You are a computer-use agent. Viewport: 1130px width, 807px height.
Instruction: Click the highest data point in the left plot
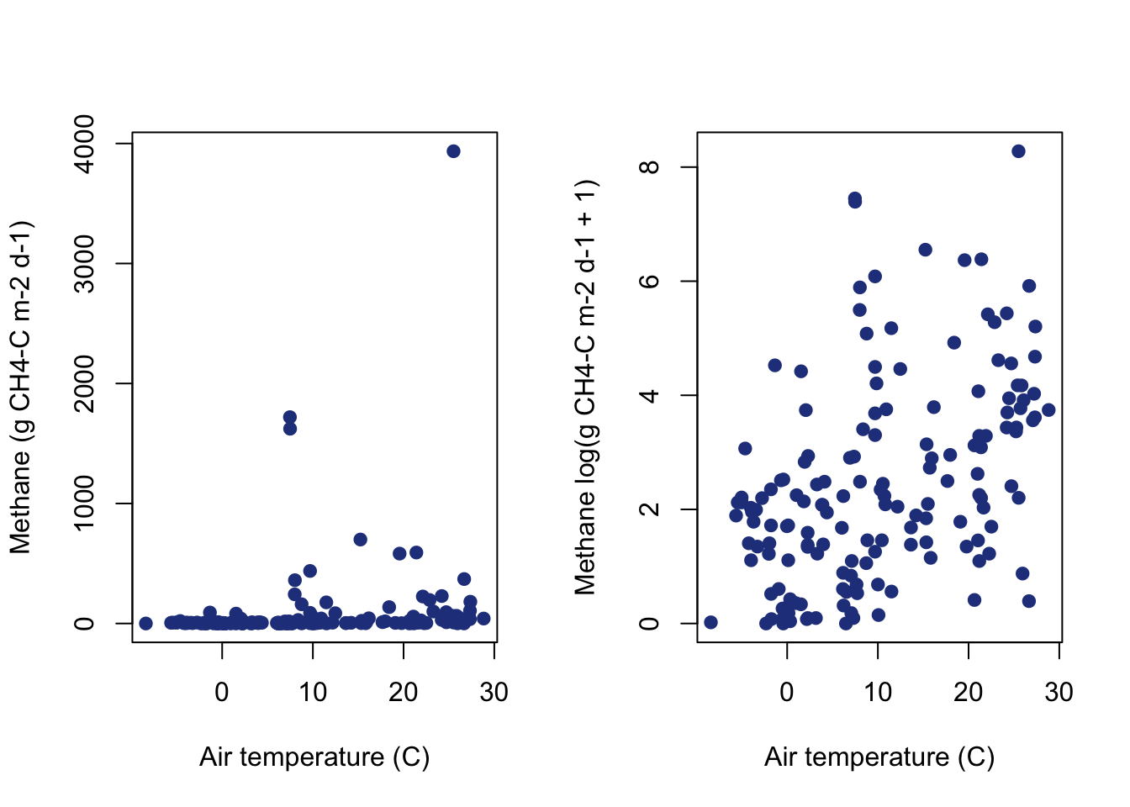coord(453,151)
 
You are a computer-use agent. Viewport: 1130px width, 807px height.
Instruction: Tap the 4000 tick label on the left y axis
coord(85,144)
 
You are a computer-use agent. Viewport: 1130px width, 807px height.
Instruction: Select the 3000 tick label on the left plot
coord(85,264)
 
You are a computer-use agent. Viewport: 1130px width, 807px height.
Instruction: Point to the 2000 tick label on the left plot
coord(85,384)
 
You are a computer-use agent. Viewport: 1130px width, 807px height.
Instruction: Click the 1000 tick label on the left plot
coord(85,504)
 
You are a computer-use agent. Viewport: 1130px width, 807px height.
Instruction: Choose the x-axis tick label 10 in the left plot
coord(313,692)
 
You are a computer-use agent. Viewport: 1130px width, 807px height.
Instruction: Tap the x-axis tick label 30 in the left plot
coord(494,692)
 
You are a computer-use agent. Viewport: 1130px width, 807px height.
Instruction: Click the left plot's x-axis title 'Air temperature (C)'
coord(314,757)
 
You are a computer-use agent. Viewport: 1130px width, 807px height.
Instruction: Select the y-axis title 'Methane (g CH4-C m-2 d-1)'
coord(20,388)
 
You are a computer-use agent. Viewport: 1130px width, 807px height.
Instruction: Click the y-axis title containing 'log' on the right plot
coord(585,388)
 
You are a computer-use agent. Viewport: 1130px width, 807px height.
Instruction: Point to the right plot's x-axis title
coord(879,757)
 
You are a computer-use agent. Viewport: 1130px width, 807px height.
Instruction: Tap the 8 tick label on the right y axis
coord(650,166)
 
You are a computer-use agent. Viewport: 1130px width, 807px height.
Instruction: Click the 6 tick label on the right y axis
coord(650,281)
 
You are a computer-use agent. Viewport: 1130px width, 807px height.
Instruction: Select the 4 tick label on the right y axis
coord(650,395)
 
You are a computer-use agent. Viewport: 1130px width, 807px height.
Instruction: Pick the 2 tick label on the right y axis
coord(650,509)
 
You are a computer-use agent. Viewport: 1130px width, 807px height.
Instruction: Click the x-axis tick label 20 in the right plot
coord(969,692)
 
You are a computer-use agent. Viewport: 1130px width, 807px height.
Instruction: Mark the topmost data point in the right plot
coord(1018,151)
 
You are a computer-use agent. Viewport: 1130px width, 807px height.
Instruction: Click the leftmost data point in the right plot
coord(710,622)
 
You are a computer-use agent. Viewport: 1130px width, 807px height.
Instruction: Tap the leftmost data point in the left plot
coord(145,623)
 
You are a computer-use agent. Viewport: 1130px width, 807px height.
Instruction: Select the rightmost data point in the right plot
coord(1048,410)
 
